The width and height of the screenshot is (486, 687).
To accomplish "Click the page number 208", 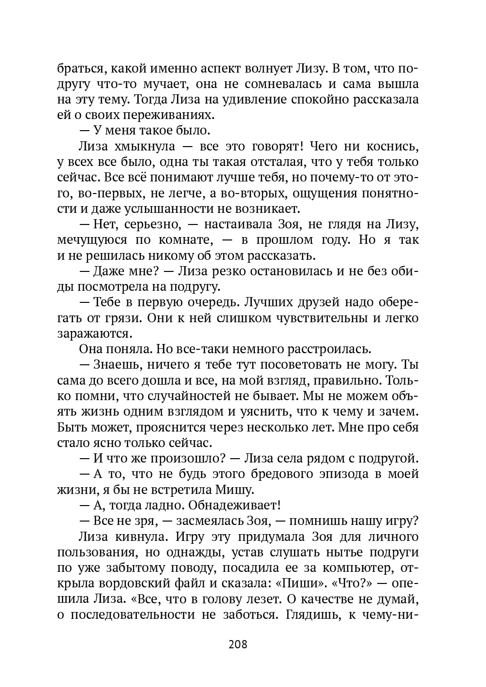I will coord(237,644).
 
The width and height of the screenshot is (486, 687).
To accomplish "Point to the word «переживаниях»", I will coord(172,115).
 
